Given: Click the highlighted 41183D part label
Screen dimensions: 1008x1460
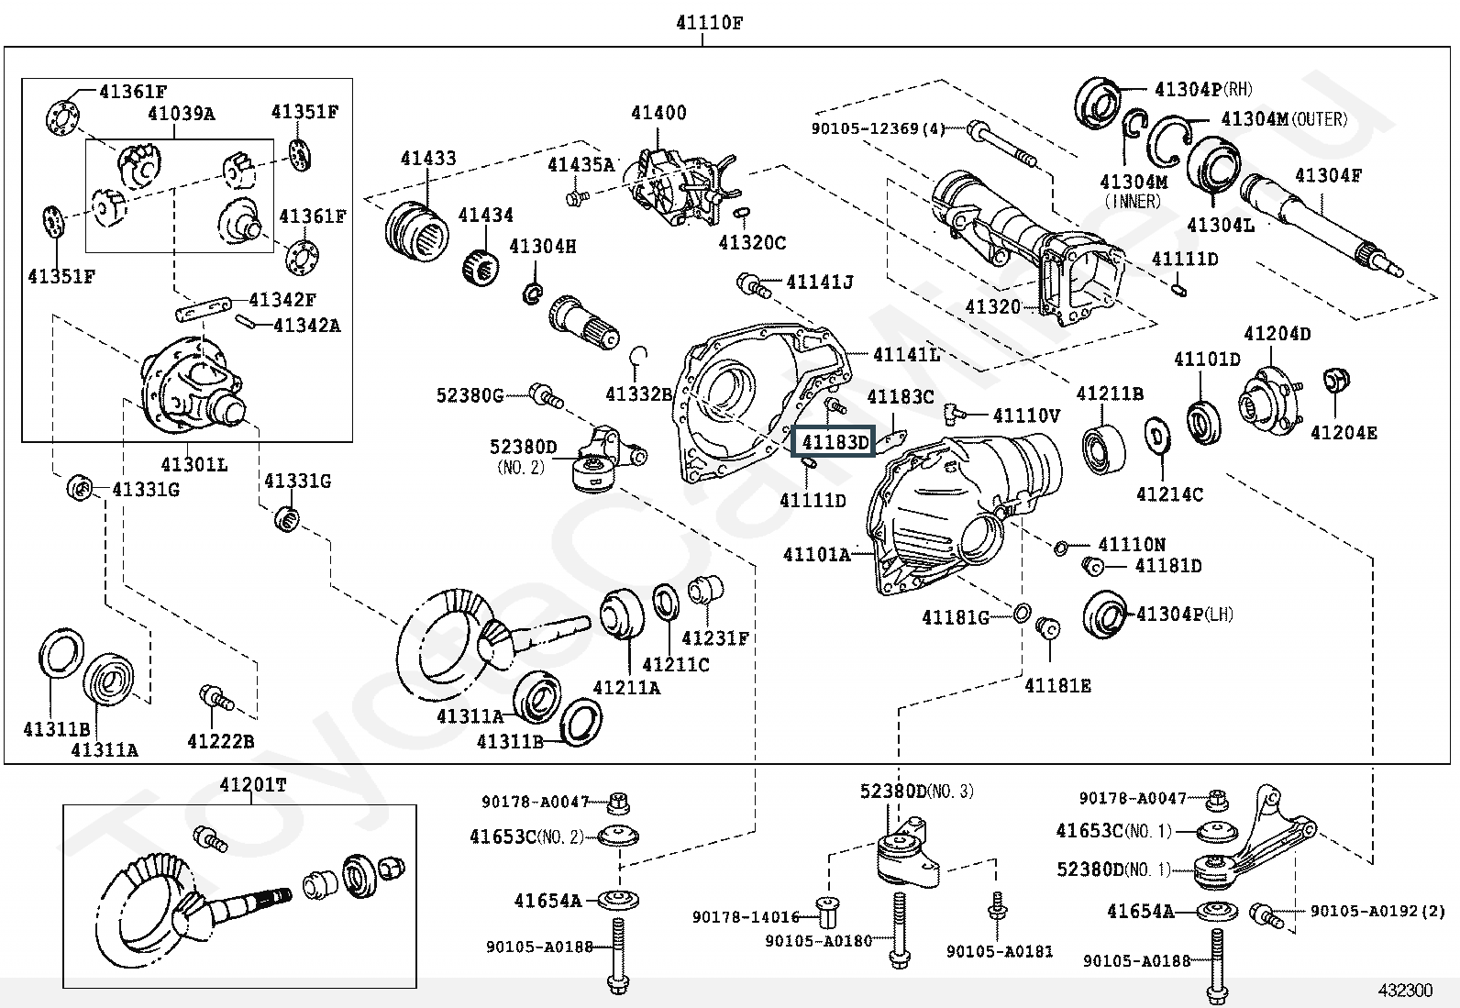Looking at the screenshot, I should click(835, 442).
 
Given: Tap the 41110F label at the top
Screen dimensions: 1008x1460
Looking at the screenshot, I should click(709, 24).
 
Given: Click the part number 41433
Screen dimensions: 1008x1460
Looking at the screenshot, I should click(427, 159).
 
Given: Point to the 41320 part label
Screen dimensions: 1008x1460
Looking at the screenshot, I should click(992, 306).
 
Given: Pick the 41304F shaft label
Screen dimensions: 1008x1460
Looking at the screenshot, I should click(1328, 175).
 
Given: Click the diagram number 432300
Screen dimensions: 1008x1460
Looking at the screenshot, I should click(1404, 990).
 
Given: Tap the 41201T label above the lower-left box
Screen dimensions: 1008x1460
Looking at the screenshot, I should click(252, 785).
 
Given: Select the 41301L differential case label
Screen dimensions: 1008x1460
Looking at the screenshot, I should click(194, 464).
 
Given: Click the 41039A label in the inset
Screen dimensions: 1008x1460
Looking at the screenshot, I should click(181, 114).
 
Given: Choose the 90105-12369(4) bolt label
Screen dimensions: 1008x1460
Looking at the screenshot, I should click(878, 128).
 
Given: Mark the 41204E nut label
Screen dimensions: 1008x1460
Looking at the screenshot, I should click(1343, 433).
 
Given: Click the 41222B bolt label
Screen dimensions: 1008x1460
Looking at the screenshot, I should click(220, 741).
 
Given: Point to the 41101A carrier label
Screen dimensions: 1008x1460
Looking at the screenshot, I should click(816, 554).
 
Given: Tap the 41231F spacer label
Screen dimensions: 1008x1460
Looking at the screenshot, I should click(715, 637).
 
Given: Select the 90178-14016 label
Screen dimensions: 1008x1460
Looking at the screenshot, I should click(746, 916).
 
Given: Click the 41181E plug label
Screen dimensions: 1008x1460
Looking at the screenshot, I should click(1057, 685).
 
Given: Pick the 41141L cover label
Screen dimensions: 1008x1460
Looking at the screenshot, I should click(906, 354).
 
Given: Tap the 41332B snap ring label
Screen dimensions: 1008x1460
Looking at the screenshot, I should click(639, 394).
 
